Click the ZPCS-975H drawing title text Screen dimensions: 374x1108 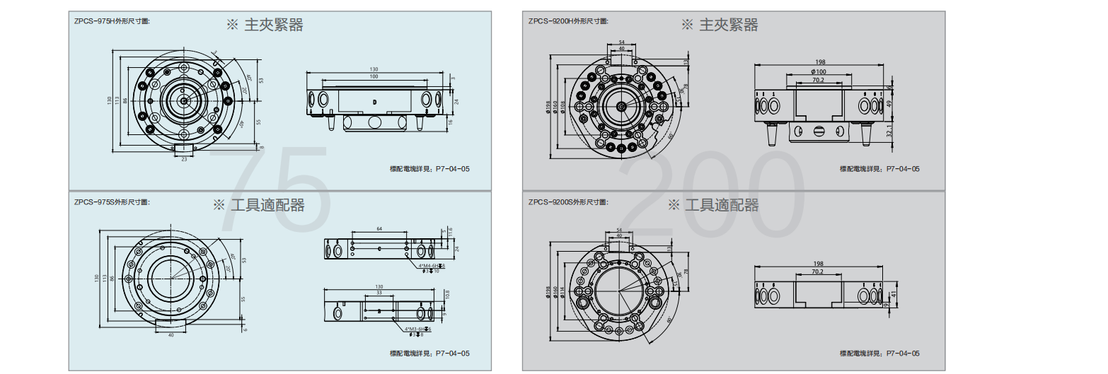pos(112,21)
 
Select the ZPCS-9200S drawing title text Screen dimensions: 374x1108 pos(567,201)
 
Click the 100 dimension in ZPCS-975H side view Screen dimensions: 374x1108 pos(374,76)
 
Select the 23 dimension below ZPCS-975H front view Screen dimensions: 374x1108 pos(184,160)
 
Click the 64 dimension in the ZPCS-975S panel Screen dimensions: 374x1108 pos(379,229)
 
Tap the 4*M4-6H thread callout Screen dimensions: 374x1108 pos(430,266)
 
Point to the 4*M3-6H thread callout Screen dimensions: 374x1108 pos(417,329)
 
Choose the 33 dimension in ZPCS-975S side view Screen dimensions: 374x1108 pos(379,292)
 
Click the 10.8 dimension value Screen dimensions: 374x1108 pos(446,293)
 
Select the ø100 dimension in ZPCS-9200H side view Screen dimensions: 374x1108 pos(818,72)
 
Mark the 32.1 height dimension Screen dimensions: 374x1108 pos(890,131)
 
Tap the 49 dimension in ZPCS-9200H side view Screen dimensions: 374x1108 pos(890,104)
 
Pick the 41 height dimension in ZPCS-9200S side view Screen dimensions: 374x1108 pos(894,293)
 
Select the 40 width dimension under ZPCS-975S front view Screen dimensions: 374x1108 pos(171,334)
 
